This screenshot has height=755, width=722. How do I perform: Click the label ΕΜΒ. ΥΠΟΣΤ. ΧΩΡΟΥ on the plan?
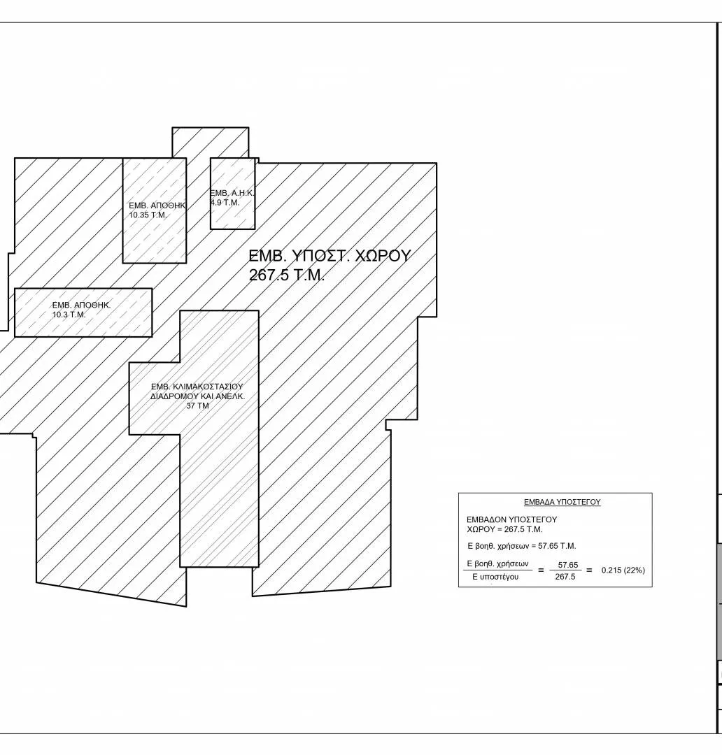tap(330, 256)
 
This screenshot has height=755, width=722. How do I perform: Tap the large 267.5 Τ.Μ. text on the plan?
tap(287, 275)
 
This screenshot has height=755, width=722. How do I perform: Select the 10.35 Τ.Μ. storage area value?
tap(148, 215)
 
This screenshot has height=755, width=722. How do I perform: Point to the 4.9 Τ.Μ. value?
tap(225, 203)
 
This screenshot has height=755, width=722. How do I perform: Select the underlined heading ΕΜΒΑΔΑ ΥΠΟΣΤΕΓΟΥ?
tap(562, 502)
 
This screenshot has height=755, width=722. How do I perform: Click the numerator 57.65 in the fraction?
tap(568, 565)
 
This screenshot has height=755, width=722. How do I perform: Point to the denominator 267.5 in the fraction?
tap(565, 577)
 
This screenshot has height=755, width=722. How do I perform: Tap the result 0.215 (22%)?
tap(623, 570)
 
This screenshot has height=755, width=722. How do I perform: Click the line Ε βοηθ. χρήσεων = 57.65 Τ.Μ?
tap(521, 546)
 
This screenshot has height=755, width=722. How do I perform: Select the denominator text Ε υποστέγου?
tap(495, 577)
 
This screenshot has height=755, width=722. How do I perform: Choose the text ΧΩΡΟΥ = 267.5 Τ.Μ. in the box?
tap(504, 529)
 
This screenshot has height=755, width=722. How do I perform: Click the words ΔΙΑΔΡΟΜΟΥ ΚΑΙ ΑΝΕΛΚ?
tap(197, 396)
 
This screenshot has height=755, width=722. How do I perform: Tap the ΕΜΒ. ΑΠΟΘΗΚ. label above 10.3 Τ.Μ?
tap(81, 305)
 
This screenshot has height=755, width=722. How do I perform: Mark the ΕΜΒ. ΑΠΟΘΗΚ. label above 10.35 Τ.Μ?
tap(157, 206)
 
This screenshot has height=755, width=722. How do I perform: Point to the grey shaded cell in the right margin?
tap(719, 601)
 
